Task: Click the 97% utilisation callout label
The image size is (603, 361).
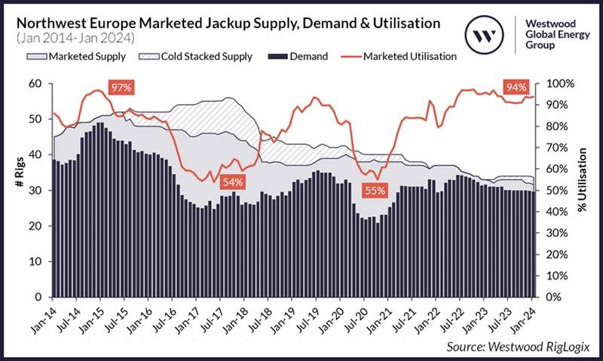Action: (121, 88)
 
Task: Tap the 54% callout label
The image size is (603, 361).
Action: (233, 182)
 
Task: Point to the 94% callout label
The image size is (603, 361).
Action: (516, 88)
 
